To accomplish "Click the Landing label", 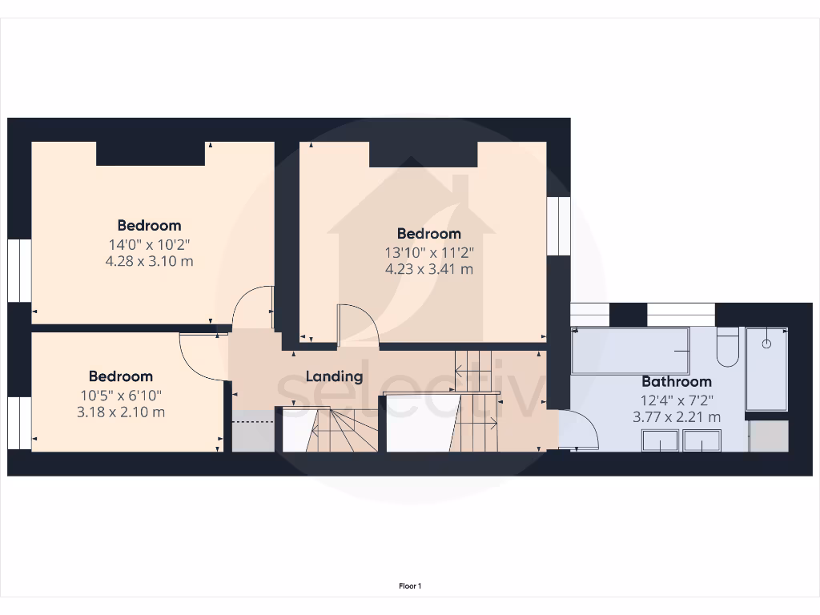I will tap(334, 376).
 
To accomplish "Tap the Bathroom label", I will tap(677, 381).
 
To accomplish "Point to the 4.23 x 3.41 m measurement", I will tap(429, 269).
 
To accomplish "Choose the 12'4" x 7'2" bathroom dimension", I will tap(677, 400).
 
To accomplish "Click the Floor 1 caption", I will tap(410, 586).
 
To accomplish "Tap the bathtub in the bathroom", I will tap(630, 350).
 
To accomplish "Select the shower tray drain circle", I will tap(766, 344).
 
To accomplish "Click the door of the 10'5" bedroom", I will tap(199, 358).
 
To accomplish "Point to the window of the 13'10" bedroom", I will tap(558, 227).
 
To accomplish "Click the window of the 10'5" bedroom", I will tap(19, 424).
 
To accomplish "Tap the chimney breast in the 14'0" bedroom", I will tap(151, 153).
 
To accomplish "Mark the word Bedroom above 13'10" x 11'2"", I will tap(429, 234).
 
